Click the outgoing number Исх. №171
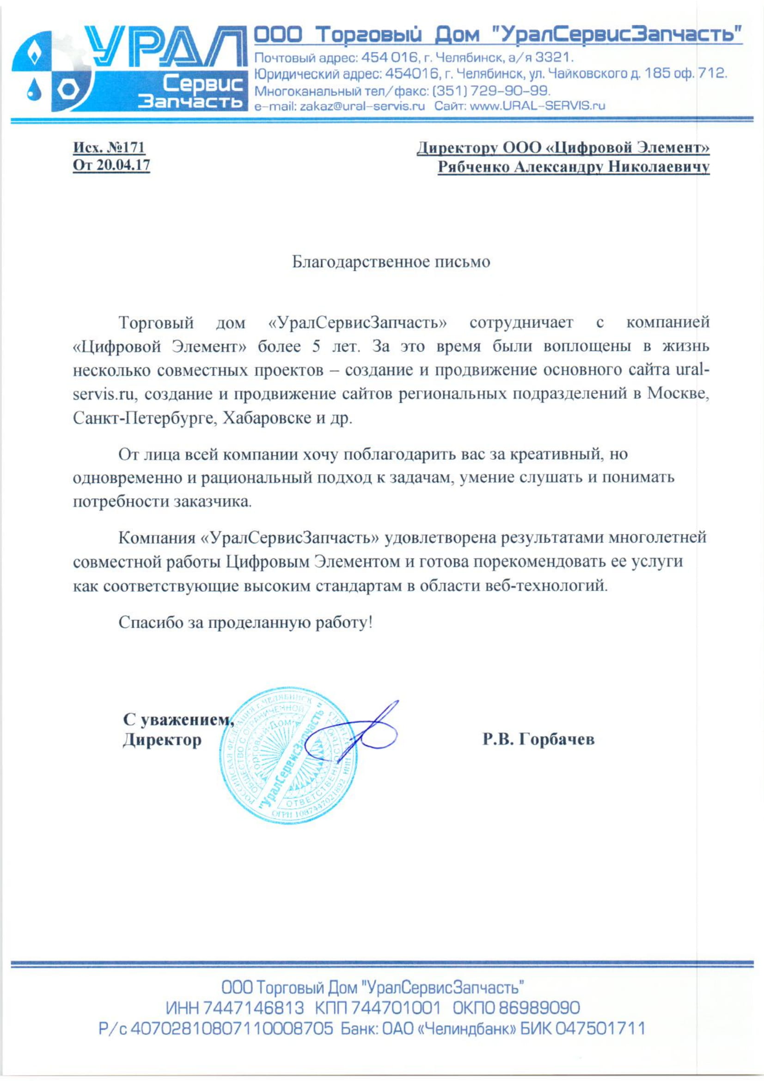[109, 148]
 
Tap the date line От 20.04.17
[111, 166]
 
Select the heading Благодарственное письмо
[391, 262]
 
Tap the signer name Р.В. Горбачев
[538, 739]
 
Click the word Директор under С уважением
[162, 739]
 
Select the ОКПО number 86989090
[538, 1008]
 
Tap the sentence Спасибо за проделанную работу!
[245, 623]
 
